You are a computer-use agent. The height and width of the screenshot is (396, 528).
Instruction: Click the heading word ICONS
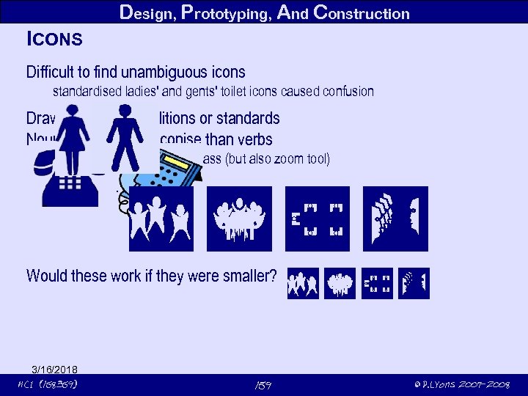(54, 37)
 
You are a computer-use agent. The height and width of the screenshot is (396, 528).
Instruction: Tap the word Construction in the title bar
(361, 12)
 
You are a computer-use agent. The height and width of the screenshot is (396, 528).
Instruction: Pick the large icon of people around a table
(239, 219)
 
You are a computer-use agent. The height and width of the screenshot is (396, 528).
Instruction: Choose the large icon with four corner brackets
(317, 219)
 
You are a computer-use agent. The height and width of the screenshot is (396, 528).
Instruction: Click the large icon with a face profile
(396, 219)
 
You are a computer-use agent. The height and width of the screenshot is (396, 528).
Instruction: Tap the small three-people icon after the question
(303, 283)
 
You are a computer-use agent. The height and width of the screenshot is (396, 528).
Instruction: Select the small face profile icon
(414, 283)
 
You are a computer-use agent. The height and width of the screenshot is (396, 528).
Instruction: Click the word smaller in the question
(250, 276)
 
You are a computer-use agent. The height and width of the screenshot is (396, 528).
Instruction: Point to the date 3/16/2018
(55, 369)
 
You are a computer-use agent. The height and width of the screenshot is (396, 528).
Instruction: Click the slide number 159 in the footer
(263, 384)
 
